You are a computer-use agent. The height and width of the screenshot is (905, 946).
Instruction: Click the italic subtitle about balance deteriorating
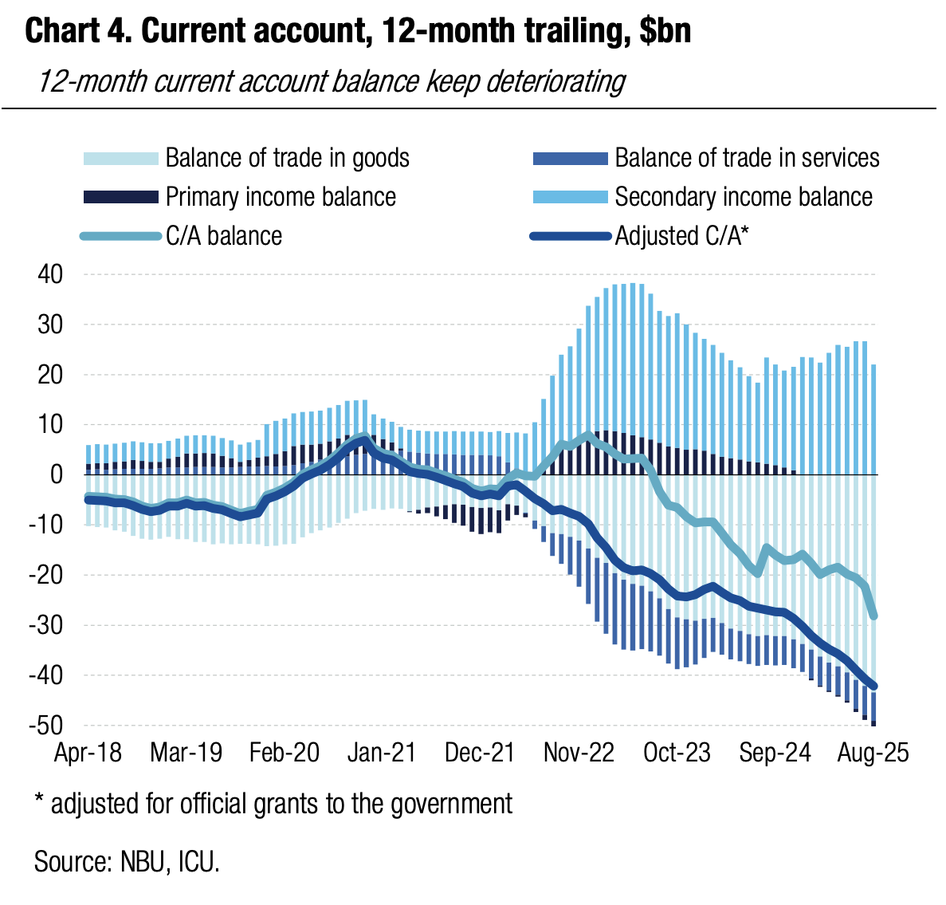(x=332, y=81)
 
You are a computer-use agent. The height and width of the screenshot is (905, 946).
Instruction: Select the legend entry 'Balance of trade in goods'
(x=287, y=158)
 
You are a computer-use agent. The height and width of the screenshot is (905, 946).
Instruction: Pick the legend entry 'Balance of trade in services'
(x=747, y=158)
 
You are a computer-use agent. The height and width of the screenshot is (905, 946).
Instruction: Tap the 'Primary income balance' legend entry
(x=281, y=196)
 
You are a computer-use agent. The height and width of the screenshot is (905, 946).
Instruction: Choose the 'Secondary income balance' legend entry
(x=743, y=196)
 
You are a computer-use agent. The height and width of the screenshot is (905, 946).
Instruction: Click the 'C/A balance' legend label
(x=224, y=236)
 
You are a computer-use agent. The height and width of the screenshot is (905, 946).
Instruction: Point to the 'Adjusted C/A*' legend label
(x=682, y=236)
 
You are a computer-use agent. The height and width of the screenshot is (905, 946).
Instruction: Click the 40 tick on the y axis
(x=49, y=275)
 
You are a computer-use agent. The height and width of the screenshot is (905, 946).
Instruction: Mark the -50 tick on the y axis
(x=46, y=726)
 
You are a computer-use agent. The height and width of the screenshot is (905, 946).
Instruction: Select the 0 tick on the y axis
(x=56, y=475)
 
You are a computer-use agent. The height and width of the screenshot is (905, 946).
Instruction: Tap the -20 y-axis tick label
(x=46, y=575)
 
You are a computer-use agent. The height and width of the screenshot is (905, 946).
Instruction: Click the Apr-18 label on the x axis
(x=88, y=753)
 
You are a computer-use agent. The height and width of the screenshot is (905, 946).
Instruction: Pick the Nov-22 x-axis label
(x=579, y=753)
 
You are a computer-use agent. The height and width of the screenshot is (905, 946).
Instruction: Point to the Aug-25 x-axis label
(x=873, y=753)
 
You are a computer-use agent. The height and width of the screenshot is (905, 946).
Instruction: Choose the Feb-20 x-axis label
(x=285, y=753)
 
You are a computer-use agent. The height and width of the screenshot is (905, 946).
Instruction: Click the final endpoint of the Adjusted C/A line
(x=873, y=686)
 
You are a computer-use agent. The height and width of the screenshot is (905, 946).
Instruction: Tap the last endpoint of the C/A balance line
(x=873, y=616)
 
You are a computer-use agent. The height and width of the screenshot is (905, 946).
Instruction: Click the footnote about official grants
(x=273, y=803)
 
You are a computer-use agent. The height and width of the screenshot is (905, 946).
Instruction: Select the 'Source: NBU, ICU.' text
(x=127, y=861)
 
